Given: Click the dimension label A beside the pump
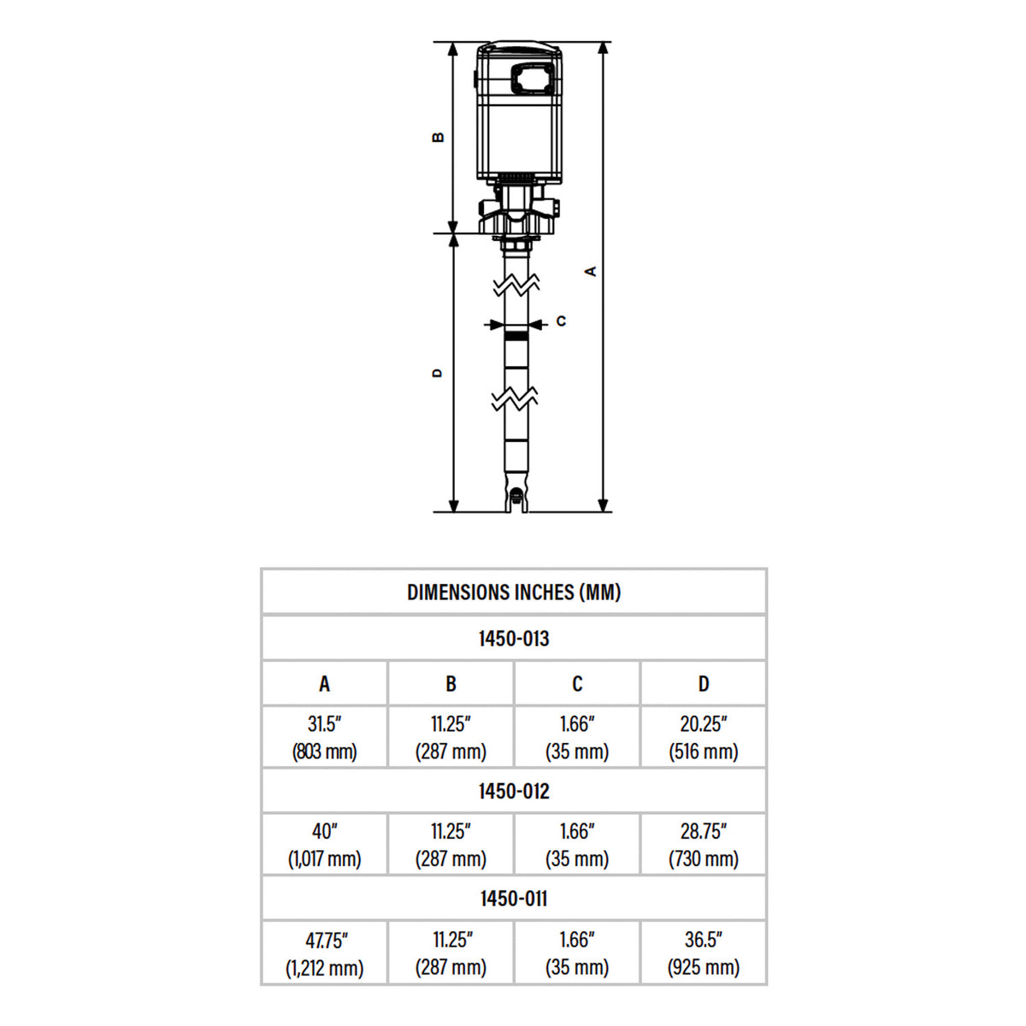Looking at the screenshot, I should [x=590, y=271].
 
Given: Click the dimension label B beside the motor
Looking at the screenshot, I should [x=439, y=137].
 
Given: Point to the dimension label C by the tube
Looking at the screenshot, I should [x=561, y=321].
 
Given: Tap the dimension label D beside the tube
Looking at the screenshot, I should [x=438, y=373].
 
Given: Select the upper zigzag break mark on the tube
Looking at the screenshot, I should [x=516, y=284].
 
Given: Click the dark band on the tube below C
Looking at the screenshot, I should [x=516, y=338].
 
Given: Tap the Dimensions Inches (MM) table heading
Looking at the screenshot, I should [x=514, y=592].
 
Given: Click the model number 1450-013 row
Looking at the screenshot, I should [x=514, y=639].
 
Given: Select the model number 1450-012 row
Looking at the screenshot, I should [x=514, y=791].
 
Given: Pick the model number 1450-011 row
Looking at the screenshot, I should [x=514, y=899].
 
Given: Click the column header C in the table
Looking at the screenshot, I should [x=577, y=684].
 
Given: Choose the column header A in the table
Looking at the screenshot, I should [x=324, y=684].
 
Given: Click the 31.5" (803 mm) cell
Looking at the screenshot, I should [x=324, y=737].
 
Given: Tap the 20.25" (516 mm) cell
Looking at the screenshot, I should [x=704, y=737].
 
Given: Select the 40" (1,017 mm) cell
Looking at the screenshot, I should [x=324, y=845].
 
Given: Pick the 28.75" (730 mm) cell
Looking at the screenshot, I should [x=704, y=845].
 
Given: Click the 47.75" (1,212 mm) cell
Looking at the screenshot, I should [x=324, y=953].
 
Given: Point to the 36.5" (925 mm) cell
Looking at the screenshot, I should [x=704, y=953].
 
